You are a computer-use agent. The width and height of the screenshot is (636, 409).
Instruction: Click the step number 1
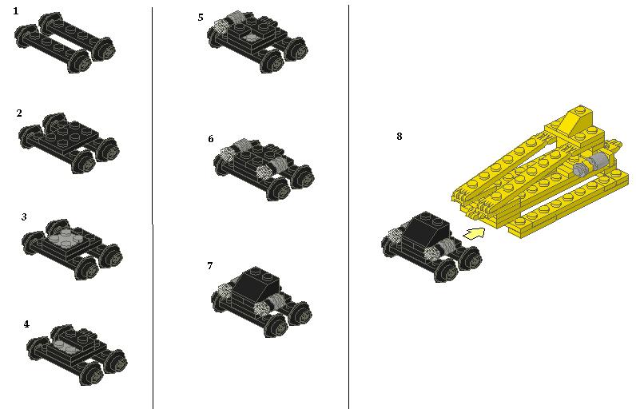[16, 11]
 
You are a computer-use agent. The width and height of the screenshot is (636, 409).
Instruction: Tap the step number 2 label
[19, 113]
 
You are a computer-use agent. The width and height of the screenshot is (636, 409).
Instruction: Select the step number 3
[24, 216]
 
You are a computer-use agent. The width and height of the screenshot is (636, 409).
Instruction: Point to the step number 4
[26, 324]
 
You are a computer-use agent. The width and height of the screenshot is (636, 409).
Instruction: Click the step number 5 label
[201, 18]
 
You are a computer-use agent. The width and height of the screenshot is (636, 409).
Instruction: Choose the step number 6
[210, 139]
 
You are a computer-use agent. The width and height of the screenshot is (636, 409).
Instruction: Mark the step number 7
[209, 266]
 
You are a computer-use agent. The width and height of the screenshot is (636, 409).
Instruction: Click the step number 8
[399, 136]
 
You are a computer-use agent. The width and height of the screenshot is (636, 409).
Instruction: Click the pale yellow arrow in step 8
[474, 233]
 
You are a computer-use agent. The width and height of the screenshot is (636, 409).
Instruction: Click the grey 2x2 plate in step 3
[63, 236]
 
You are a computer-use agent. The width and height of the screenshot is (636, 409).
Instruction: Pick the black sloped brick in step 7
[256, 283]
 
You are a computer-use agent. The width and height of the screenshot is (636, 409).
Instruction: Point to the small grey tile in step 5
[252, 38]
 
